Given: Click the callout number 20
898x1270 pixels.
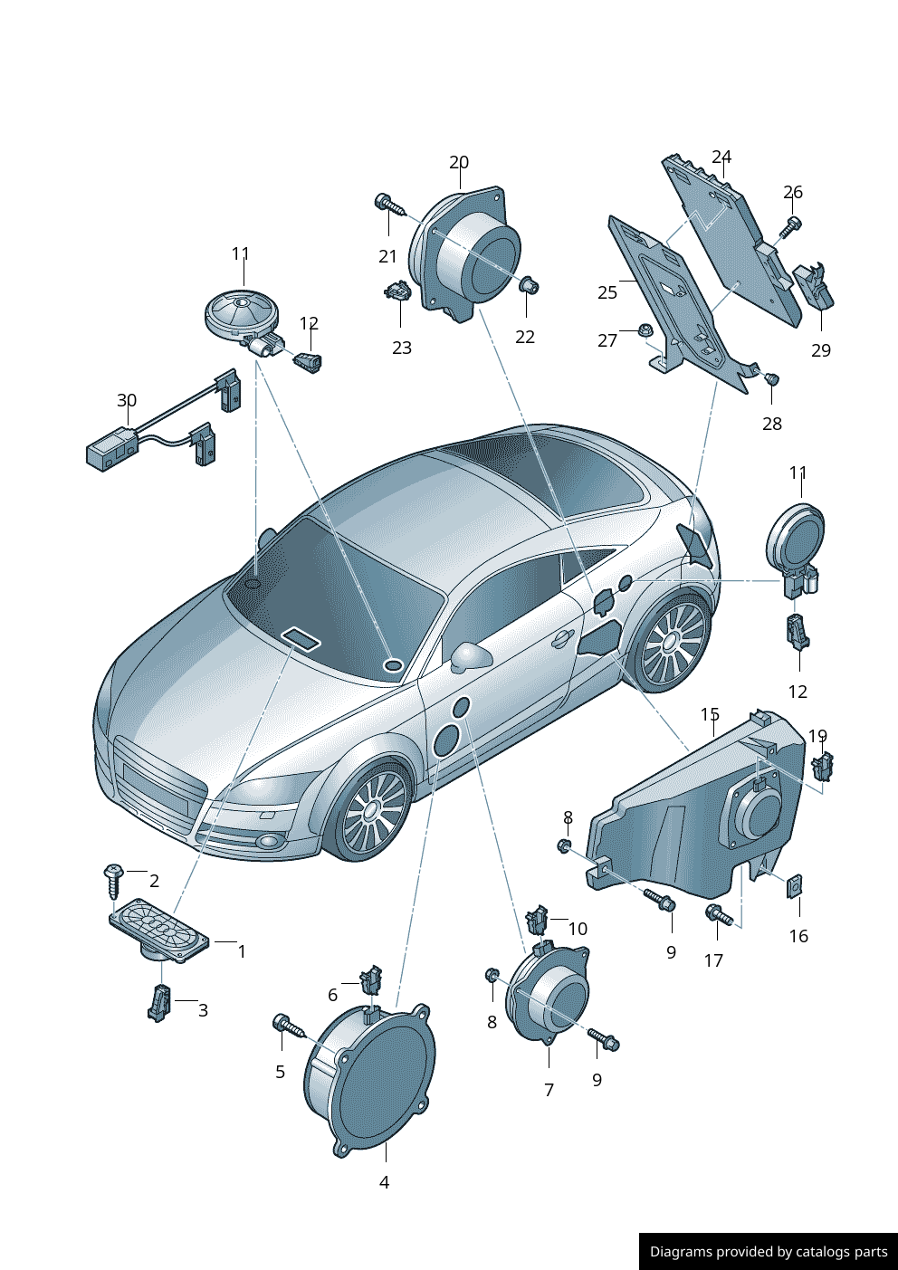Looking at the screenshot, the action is click(459, 163).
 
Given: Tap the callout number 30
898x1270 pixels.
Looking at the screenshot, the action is click(127, 400).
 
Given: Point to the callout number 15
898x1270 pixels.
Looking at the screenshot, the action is click(710, 714).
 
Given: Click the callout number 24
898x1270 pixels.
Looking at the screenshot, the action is click(721, 157).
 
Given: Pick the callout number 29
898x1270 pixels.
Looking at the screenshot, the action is click(821, 350).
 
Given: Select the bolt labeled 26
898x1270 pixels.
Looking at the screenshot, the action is click(791, 228).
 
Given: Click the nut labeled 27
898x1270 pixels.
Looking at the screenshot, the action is click(643, 329).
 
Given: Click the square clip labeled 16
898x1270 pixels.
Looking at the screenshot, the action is click(794, 885).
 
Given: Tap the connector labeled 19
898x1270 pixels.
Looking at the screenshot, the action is click(823, 767).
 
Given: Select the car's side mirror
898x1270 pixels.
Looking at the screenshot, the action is click(472, 656).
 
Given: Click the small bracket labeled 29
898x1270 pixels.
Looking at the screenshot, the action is click(814, 286).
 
